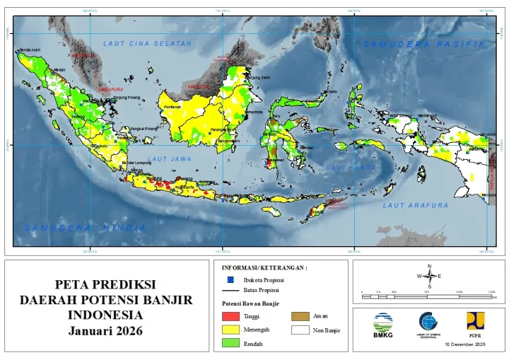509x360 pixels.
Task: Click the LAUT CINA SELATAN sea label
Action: pos(147,44)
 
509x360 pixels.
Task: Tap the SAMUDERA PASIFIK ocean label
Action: pos(425,44)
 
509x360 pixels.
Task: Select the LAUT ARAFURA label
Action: pos(416,205)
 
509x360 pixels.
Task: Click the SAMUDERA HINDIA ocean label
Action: pos(85,228)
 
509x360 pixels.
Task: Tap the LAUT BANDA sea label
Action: pos(350,167)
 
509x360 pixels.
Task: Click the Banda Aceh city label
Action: pos(30,50)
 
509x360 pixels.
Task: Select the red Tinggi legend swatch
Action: pos(231,316)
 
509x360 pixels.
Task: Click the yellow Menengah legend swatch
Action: pos(231,330)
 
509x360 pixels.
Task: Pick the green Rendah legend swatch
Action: pos(231,344)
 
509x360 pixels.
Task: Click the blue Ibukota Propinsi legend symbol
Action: pos(230,281)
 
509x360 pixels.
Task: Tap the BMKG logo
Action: pos(382,324)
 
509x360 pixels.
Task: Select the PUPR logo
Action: pos(474,323)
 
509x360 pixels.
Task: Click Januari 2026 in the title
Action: pos(105,330)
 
